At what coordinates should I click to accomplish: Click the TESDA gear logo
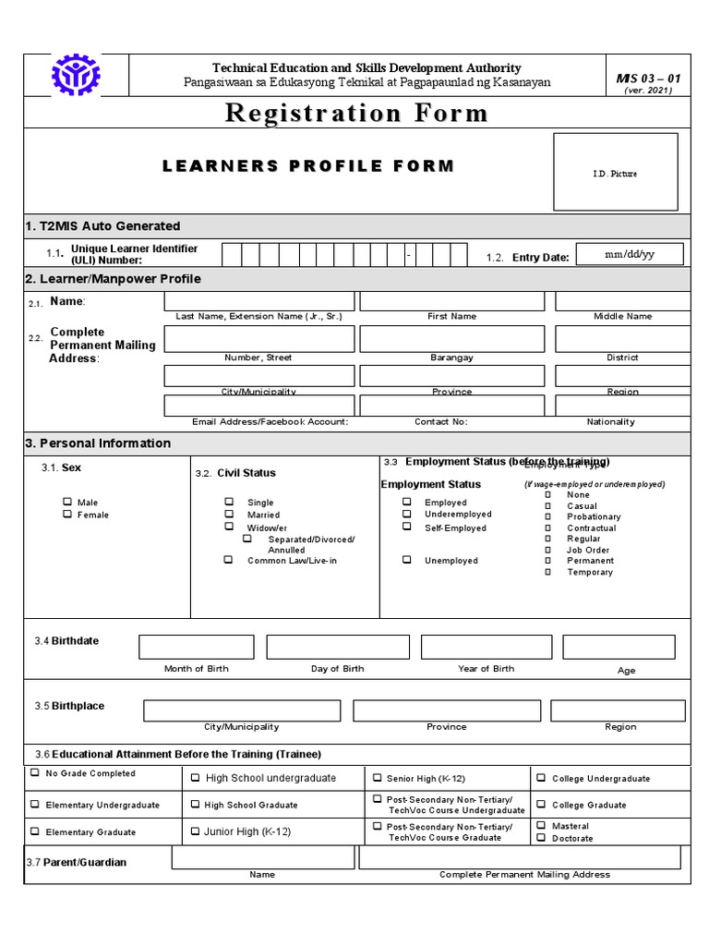tap(77, 76)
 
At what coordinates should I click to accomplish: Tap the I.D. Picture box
tap(615, 172)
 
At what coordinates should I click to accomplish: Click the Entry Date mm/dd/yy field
tap(629, 255)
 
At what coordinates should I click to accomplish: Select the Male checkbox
tap(67, 502)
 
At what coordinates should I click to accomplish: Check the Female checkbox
tap(67, 514)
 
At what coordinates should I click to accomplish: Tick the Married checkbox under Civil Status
tap(229, 514)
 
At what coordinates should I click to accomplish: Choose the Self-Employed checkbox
tap(406, 527)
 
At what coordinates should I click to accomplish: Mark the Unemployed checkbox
tap(406, 560)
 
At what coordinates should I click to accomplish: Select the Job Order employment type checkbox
tap(547, 550)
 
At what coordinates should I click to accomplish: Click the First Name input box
tap(451, 301)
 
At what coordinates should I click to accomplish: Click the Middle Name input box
tap(622, 301)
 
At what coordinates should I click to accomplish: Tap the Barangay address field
tap(451, 339)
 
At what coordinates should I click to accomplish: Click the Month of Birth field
tap(196, 647)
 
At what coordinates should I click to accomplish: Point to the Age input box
tap(625, 647)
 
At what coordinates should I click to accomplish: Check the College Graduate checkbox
tap(540, 804)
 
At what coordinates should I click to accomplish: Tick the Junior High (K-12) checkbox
tap(195, 831)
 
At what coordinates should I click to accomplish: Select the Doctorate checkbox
tap(540, 838)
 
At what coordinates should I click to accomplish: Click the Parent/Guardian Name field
tap(263, 858)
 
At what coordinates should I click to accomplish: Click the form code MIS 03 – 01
tap(648, 79)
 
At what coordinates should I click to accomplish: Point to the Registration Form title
tap(356, 114)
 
